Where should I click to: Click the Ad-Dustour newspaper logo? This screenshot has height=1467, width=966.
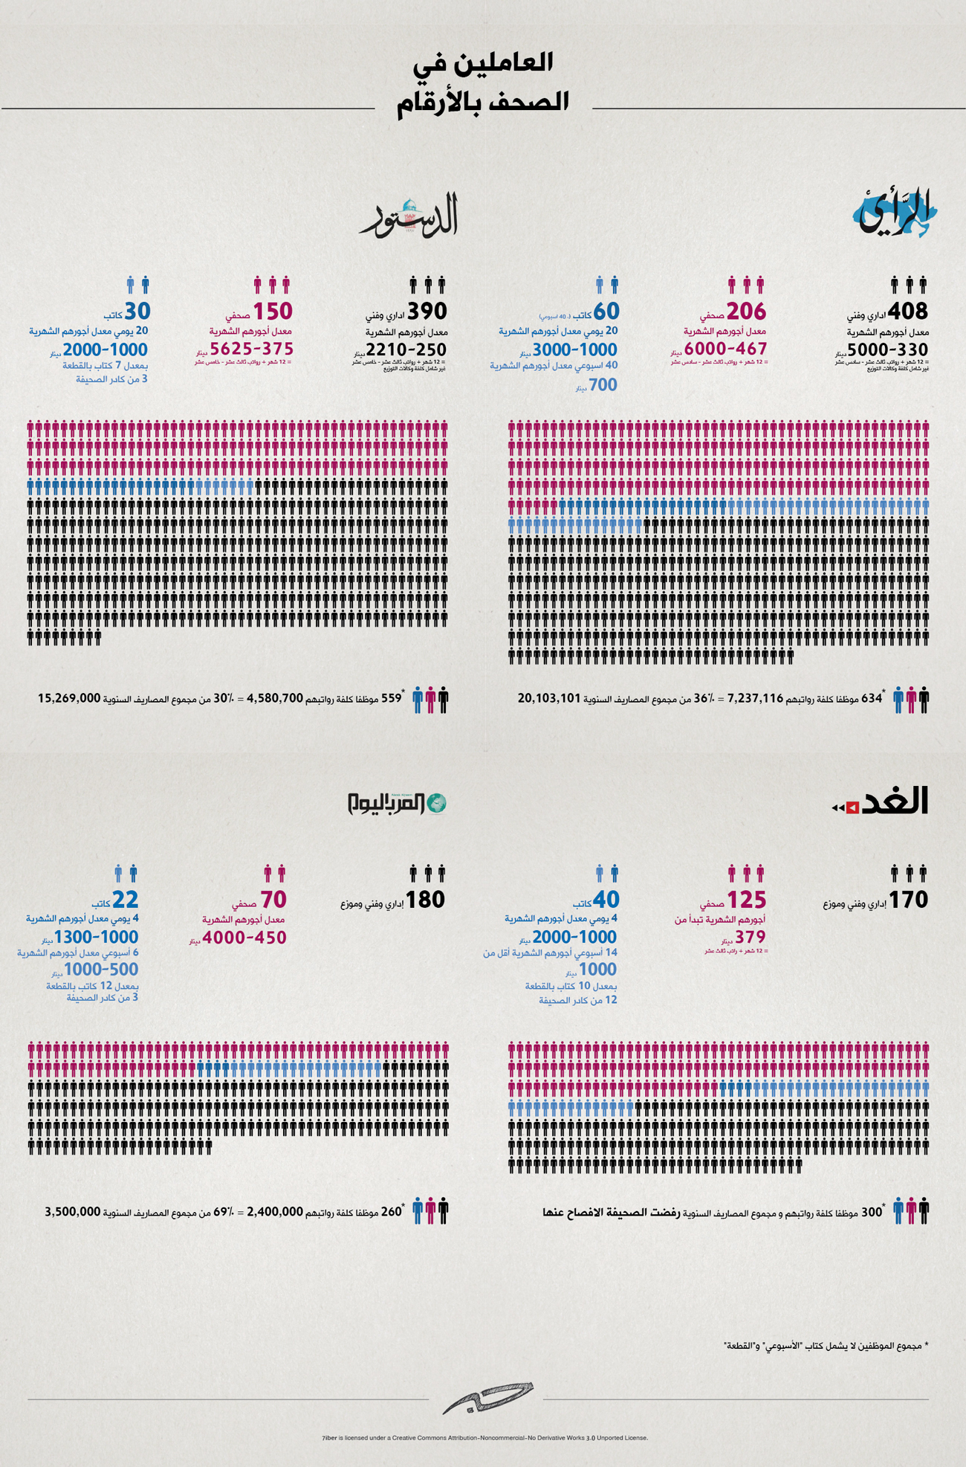[x=409, y=217]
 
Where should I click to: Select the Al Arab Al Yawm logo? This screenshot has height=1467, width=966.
[x=398, y=803]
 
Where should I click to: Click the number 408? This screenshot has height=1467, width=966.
[x=907, y=312]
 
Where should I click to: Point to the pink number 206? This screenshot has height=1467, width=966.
[x=746, y=311]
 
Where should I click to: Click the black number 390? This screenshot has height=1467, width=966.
[x=427, y=311]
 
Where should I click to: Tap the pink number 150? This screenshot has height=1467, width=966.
[x=273, y=311]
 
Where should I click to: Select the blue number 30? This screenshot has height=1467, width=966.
[x=137, y=311]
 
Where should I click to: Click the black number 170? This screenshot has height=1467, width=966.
[x=909, y=900]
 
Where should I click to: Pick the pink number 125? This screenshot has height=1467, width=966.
[x=746, y=900]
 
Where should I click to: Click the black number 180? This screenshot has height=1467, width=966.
[x=425, y=900]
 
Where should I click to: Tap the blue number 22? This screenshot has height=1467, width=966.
[x=125, y=900]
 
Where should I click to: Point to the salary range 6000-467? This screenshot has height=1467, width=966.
[x=725, y=349]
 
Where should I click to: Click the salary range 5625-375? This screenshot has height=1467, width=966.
[x=251, y=349]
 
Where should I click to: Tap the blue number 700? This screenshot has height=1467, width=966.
[x=603, y=385]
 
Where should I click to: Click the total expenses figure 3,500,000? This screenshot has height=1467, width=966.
[x=72, y=1211]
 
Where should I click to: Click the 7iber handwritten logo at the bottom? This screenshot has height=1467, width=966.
[x=487, y=1399]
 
